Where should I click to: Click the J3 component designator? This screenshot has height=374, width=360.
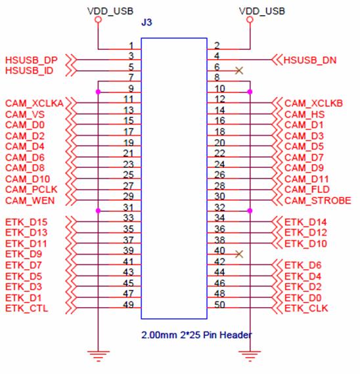(146, 22)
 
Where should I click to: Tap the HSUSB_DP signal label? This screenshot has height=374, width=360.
(32, 60)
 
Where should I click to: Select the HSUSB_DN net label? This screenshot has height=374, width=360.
(310, 60)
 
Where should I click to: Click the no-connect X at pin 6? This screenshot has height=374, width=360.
(239, 71)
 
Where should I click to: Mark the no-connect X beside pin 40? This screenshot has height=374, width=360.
(239, 254)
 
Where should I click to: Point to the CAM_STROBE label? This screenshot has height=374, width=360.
(318, 201)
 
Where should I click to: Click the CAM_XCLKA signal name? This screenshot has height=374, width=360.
(34, 103)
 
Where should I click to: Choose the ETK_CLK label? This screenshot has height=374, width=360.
(306, 308)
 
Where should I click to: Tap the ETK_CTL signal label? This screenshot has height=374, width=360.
(26, 308)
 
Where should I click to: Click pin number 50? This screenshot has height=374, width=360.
(219, 304)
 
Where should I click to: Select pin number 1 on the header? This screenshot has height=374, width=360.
(131, 45)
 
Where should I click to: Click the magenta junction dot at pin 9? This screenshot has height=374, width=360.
(98, 92)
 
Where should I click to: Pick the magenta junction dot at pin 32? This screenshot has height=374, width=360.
(250, 211)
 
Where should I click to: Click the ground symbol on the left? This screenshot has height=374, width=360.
(98, 356)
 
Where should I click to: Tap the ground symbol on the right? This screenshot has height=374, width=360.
(250, 356)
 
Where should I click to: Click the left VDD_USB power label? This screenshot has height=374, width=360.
(110, 11)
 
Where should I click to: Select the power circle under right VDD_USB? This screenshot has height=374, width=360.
(250, 20)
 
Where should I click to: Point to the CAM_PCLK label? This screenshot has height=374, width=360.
(31, 190)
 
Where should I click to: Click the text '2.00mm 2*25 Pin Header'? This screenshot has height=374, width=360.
(196, 335)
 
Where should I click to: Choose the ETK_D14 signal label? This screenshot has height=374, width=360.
(305, 222)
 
